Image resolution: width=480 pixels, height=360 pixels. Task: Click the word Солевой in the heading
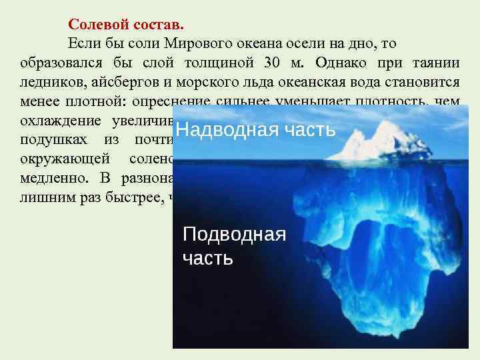point(95,25)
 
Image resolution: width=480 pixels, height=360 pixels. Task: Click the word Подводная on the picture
point(234,234)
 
